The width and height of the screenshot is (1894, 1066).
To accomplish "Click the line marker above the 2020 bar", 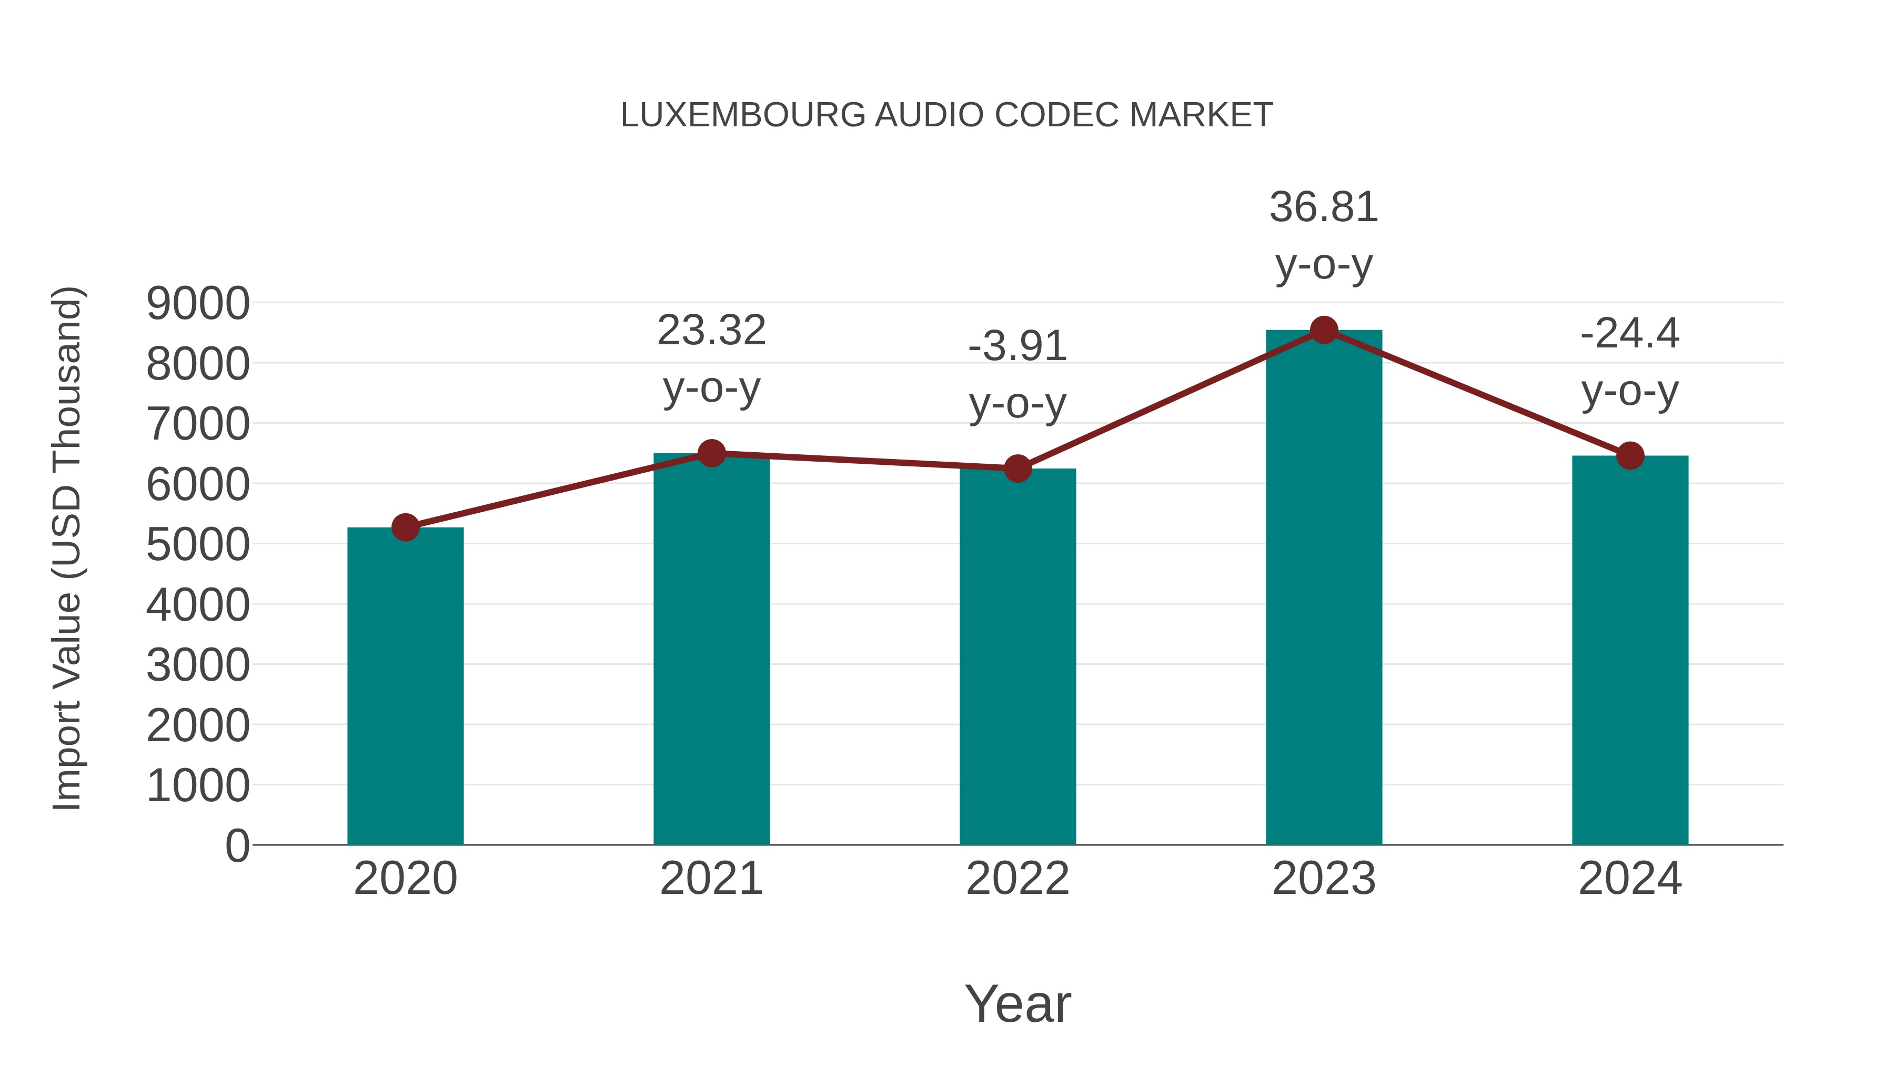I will [405, 527].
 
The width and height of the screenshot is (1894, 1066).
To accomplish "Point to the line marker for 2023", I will [1324, 330].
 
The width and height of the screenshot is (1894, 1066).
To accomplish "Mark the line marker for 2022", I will [1017, 468].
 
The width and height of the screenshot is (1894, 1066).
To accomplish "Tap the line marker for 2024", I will [1630, 455].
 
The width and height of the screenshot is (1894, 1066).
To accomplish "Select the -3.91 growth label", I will [1017, 346].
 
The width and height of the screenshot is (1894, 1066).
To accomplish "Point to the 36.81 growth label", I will [1324, 207].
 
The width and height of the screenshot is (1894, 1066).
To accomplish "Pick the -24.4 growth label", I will [1630, 333].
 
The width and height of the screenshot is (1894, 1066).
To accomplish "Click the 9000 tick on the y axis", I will [198, 303].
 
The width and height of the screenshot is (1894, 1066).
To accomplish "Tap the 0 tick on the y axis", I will [237, 845].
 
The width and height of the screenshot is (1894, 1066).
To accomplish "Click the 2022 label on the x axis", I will [1017, 879].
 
